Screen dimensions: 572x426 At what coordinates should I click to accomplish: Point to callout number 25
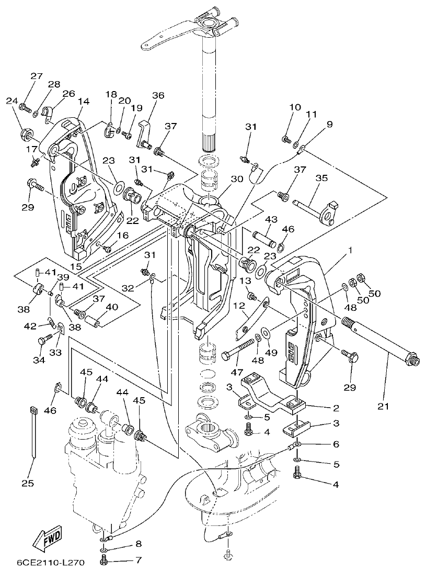pos(28,484)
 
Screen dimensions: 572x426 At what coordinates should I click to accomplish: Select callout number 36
pos(158,95)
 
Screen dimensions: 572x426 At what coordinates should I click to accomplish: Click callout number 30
pos(237,178)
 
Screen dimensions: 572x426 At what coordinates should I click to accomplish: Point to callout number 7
pos(138,560)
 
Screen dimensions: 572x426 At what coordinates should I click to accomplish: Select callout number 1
pos(350,250)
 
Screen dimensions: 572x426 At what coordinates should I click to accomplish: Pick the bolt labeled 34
pos(43,340)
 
